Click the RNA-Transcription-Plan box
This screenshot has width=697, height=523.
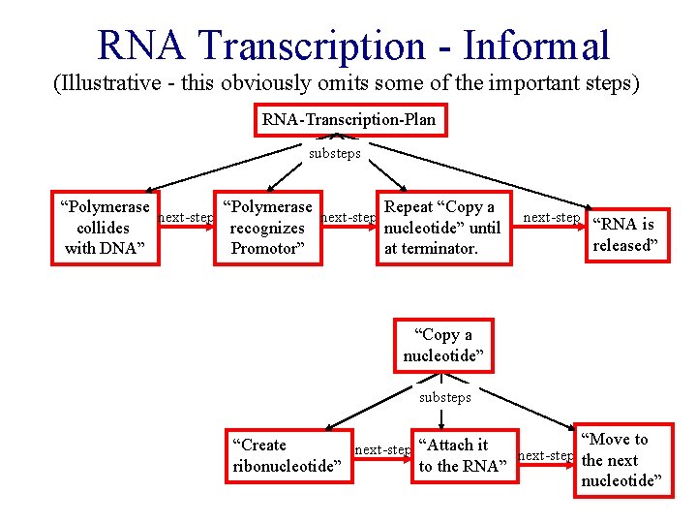click(x=348, y=120)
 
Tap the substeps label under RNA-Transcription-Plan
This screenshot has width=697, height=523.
click(x=334, y=153)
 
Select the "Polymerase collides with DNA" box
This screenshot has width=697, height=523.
click(x=104, y=228)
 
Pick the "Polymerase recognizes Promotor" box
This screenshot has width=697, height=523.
click(x=267, y=228)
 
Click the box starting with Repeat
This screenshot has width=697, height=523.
click(x=441, y=228)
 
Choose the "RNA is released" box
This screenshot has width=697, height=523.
click(x=629, y=235)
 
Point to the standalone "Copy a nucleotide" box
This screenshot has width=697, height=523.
click(x=442, y=346)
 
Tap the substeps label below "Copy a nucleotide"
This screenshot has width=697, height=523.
click(x=444, y=397)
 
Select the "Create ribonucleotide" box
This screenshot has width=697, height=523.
click(x=288, y=455)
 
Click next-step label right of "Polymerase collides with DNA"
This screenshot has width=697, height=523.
click(x=186, y=217)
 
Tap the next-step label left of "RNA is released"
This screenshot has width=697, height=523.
click(x=551, y=217)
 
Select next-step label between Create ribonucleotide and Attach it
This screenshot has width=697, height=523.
click(x=382, y=449)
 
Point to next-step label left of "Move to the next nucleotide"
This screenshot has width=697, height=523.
click(x=546, y=455)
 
